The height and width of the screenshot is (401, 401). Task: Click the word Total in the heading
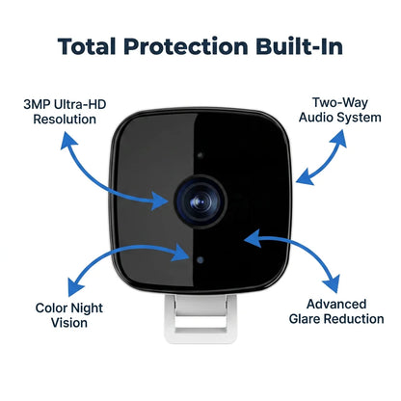click(x=87, y=46)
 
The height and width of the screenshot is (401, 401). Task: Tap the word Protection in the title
click(x=186, y=46)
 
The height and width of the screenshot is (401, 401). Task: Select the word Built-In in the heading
click(x=300, y=46)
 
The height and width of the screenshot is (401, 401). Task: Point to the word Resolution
click(x=65, y=120)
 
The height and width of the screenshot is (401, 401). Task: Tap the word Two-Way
click(x=340, y=102)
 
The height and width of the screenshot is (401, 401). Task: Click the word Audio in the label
click(x=316, y=118)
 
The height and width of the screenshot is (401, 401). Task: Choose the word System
click(x=360, y=118)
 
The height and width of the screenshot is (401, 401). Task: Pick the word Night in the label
click(x=87, y=308)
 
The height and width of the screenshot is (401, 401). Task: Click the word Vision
click(x=69, y=323)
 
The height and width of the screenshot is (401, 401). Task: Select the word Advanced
click(x=336, y=304)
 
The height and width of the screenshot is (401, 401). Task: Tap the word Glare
click(x=305, y=319)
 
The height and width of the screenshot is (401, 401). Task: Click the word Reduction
click(x=354, y=319)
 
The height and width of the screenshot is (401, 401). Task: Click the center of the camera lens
click(x=200, y=201)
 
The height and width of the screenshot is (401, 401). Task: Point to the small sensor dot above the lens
click(x=200, y=155)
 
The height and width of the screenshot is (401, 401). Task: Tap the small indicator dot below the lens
click(x=200, y=260)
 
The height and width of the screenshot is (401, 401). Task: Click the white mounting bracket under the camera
click(x=200, y=318)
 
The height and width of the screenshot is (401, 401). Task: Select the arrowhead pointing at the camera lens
click(x=160, y=201)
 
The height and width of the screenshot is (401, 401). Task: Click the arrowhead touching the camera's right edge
click(x=305, y=177)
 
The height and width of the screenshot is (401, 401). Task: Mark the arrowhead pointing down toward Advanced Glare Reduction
click(x=332, y=283)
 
